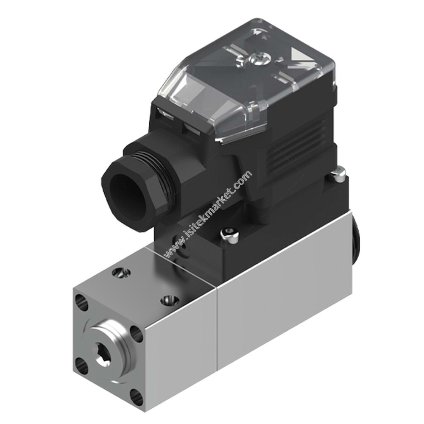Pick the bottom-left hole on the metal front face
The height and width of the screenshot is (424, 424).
coord(80,362)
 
